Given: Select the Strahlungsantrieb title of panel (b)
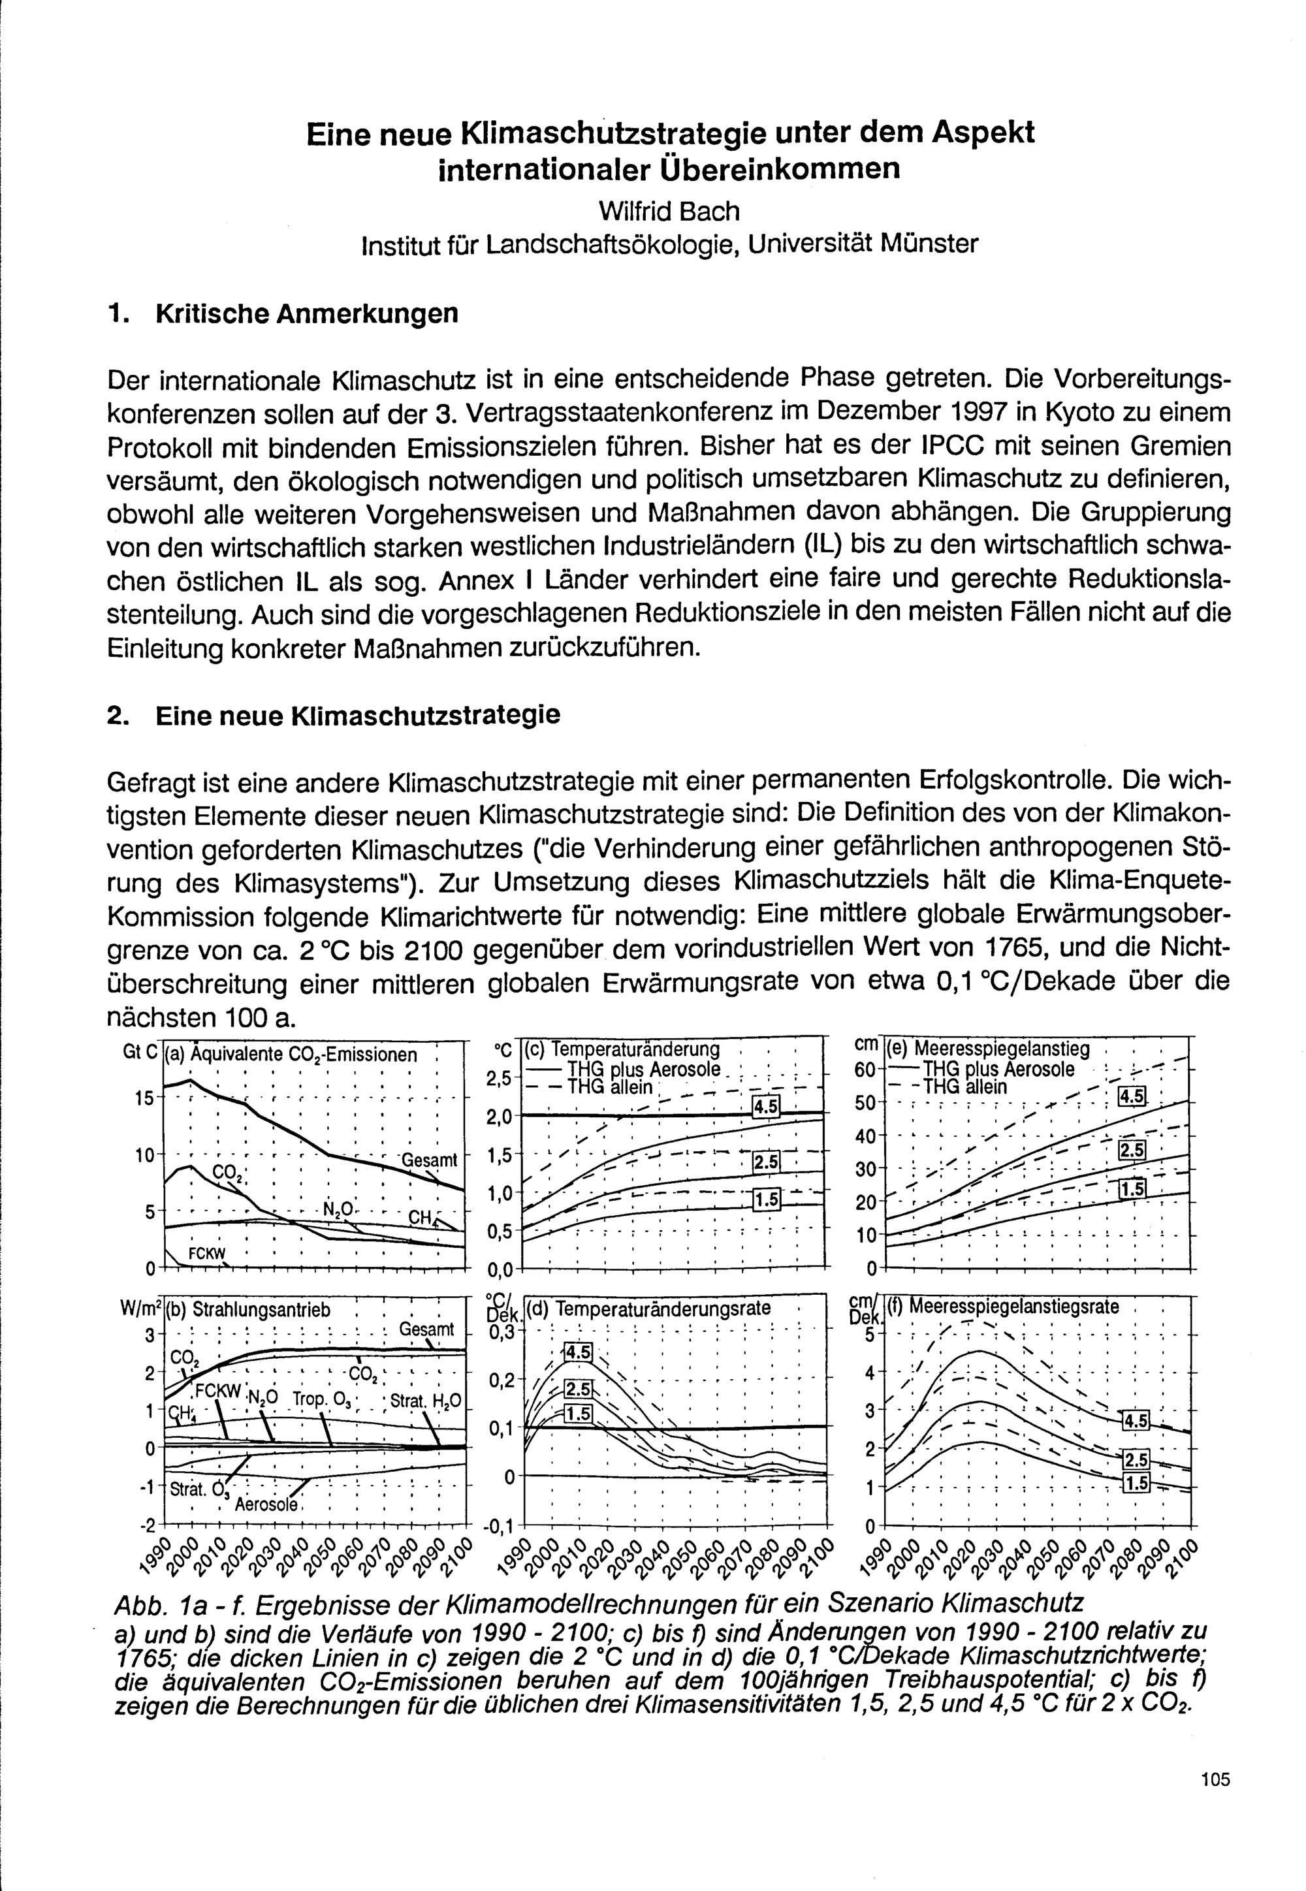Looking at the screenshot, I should (x=249, y=1309).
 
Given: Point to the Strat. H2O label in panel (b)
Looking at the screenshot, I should (x=426, y=1400).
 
